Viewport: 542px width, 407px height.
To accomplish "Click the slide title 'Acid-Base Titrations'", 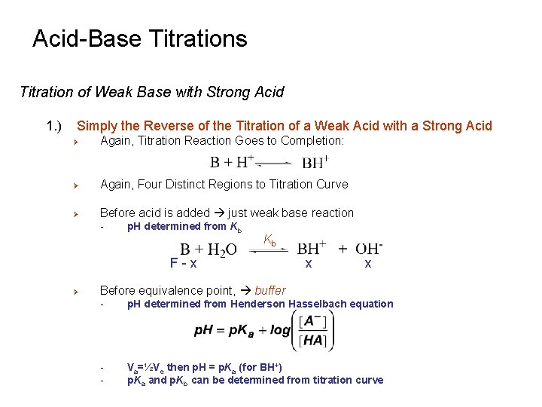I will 139,38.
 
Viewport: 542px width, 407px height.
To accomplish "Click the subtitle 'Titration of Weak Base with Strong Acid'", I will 151,93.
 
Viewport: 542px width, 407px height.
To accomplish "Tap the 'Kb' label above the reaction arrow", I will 269,241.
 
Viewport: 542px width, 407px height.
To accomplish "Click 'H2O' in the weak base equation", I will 220,249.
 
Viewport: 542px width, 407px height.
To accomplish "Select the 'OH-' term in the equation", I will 368,249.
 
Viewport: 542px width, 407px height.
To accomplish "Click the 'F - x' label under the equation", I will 184,264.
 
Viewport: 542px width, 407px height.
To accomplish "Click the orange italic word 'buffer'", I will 269,290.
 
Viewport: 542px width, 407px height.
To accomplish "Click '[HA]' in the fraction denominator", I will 312,341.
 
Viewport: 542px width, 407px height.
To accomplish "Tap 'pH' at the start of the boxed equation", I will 204,331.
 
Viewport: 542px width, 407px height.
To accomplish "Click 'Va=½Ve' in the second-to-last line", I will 145,367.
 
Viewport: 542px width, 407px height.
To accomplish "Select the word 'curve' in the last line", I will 369,380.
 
